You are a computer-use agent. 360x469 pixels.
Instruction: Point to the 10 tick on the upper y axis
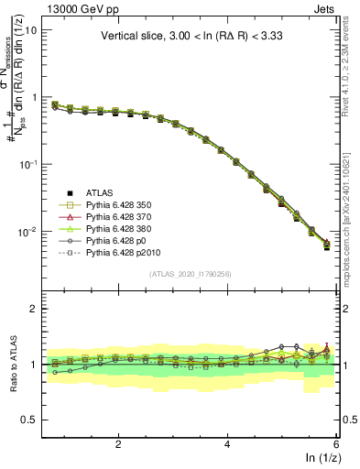(30, 29)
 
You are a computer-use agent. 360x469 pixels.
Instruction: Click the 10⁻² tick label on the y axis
(26, 232)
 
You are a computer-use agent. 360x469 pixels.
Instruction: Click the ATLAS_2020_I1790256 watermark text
(191, 273)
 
